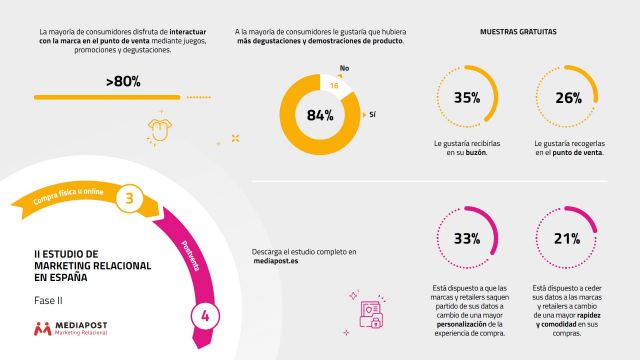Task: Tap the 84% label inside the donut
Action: pyautogui.click(x=319, y=115)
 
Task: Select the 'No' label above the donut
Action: pyautogui.click(x=343, y=68)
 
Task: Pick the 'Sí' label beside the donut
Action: pyautogui.click(x=372, y=114)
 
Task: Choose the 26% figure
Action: pyautogui.click(x=567, y=98)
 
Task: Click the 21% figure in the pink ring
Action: pyautogui.click(x=567, y=239)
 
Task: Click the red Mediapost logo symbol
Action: pyautogui.click(x=42, y=328)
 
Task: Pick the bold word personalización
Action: pyautogui.click(x=467, y=323)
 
